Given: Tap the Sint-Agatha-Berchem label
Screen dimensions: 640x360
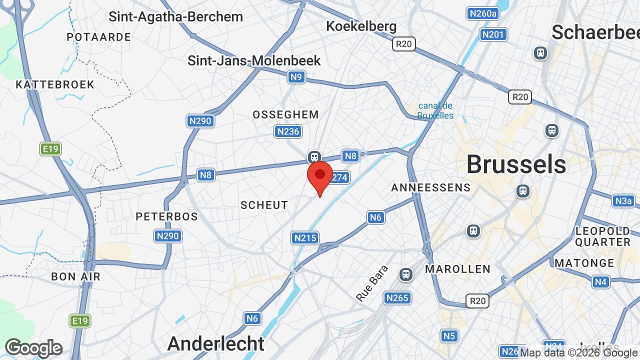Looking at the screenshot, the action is pos(176,16).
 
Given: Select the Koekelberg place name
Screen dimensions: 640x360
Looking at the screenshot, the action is pos(361,26).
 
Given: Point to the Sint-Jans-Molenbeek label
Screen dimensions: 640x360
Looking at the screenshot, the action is pos(254,60).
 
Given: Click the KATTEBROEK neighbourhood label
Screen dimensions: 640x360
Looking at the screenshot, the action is pos(55,84).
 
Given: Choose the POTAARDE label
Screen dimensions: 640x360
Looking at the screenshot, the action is pos(98,37).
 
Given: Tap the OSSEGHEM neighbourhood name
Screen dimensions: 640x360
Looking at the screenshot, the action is pos(285,114).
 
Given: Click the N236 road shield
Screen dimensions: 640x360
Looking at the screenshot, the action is pos(288,131).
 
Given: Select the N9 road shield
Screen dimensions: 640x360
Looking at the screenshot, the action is pos(296,77).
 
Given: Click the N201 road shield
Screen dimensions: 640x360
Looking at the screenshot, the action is pos(493,34).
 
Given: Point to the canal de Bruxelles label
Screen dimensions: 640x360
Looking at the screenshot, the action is pos(435,110).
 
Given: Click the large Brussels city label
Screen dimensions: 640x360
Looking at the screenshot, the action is pos(516,164).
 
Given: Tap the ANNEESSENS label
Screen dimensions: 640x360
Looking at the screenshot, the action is pos(430,187).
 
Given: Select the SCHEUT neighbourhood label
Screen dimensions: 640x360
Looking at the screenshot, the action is pos(264,205).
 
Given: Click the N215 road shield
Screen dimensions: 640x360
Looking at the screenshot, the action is pos(305,238).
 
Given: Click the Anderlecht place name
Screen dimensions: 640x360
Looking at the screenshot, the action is pos(215,343).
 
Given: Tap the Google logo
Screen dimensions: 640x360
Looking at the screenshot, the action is pos(33,348).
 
